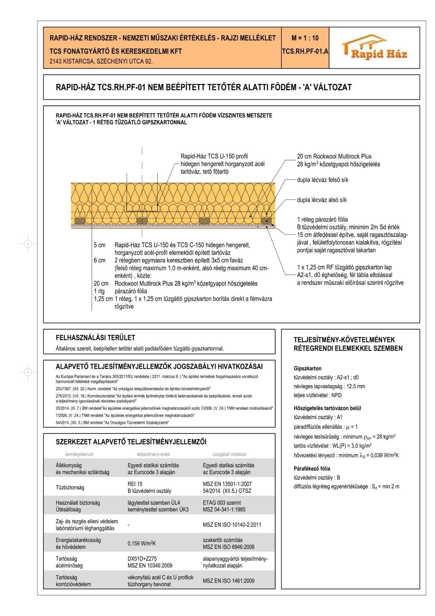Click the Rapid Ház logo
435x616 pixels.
pyautogui.click(x=374, y=48)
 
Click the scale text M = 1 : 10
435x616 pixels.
pyautogui.click(x=305, y=38)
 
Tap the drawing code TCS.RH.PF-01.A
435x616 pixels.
pyautogui.click(x=305, y=51)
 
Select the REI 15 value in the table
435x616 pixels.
pyautogui.click(x=135, y=484)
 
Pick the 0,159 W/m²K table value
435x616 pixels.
pyautogui.click(x=141, y=543)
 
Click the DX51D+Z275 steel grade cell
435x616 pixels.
pyautogui.click(x=142, y=559)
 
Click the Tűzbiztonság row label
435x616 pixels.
pyautogui.click(x=70, y=487)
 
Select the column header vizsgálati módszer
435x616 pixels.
pyautogui.click(x=229, y=454)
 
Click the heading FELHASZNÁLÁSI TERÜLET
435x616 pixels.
pyautogui.click(x=95, y=338)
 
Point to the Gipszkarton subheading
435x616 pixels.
pyautogui.click(x=307, y=368)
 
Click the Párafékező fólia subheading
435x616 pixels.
pyautogui.click(x=312, y=468)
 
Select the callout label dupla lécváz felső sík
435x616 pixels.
pyautogui.click(x=322, y=180)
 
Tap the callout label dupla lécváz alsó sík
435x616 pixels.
pyautogui.click(x=322, y=200)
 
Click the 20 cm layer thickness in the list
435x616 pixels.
pyautogui.click(x=101, y=284)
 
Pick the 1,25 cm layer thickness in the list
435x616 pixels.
pyautogui.click(x=103, y=299)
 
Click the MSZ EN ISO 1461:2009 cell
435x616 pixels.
pyautogui.click(x=228, y=581)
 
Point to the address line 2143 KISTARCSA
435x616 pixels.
pyautogui.click(x=101, y=61)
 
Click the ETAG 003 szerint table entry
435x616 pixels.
pyautogui.click(x=222, y=503)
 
